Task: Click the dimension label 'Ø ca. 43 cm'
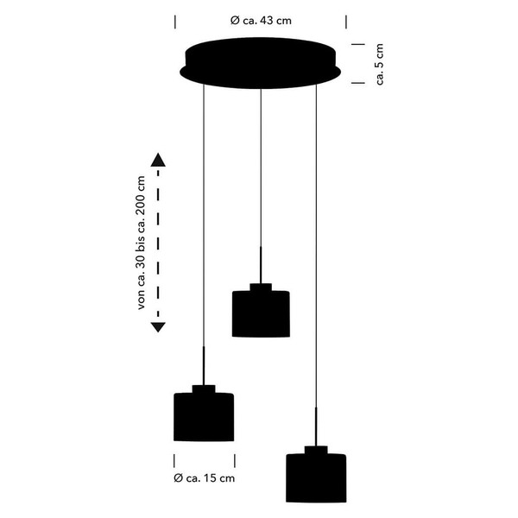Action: [261, 21]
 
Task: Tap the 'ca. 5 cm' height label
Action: [380, 64]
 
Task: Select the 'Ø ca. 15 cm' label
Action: [204, 478]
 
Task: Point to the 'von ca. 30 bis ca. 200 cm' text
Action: [141, 243]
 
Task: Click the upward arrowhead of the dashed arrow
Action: [158, 160]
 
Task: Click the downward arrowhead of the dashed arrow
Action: [158, 327]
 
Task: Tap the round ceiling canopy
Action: [261, 63]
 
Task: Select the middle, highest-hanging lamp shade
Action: [261, 314]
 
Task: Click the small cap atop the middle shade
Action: [261, 287]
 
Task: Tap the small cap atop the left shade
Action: [204, 389]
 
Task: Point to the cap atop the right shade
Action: [316, 450]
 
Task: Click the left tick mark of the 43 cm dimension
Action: [175, 22]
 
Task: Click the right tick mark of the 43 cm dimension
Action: [346, 22]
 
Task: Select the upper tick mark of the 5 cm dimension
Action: [358, 44]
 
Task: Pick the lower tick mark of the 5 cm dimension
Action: [358, 83]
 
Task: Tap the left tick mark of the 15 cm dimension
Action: [174, 460]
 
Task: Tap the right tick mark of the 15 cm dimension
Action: [235, 460]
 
